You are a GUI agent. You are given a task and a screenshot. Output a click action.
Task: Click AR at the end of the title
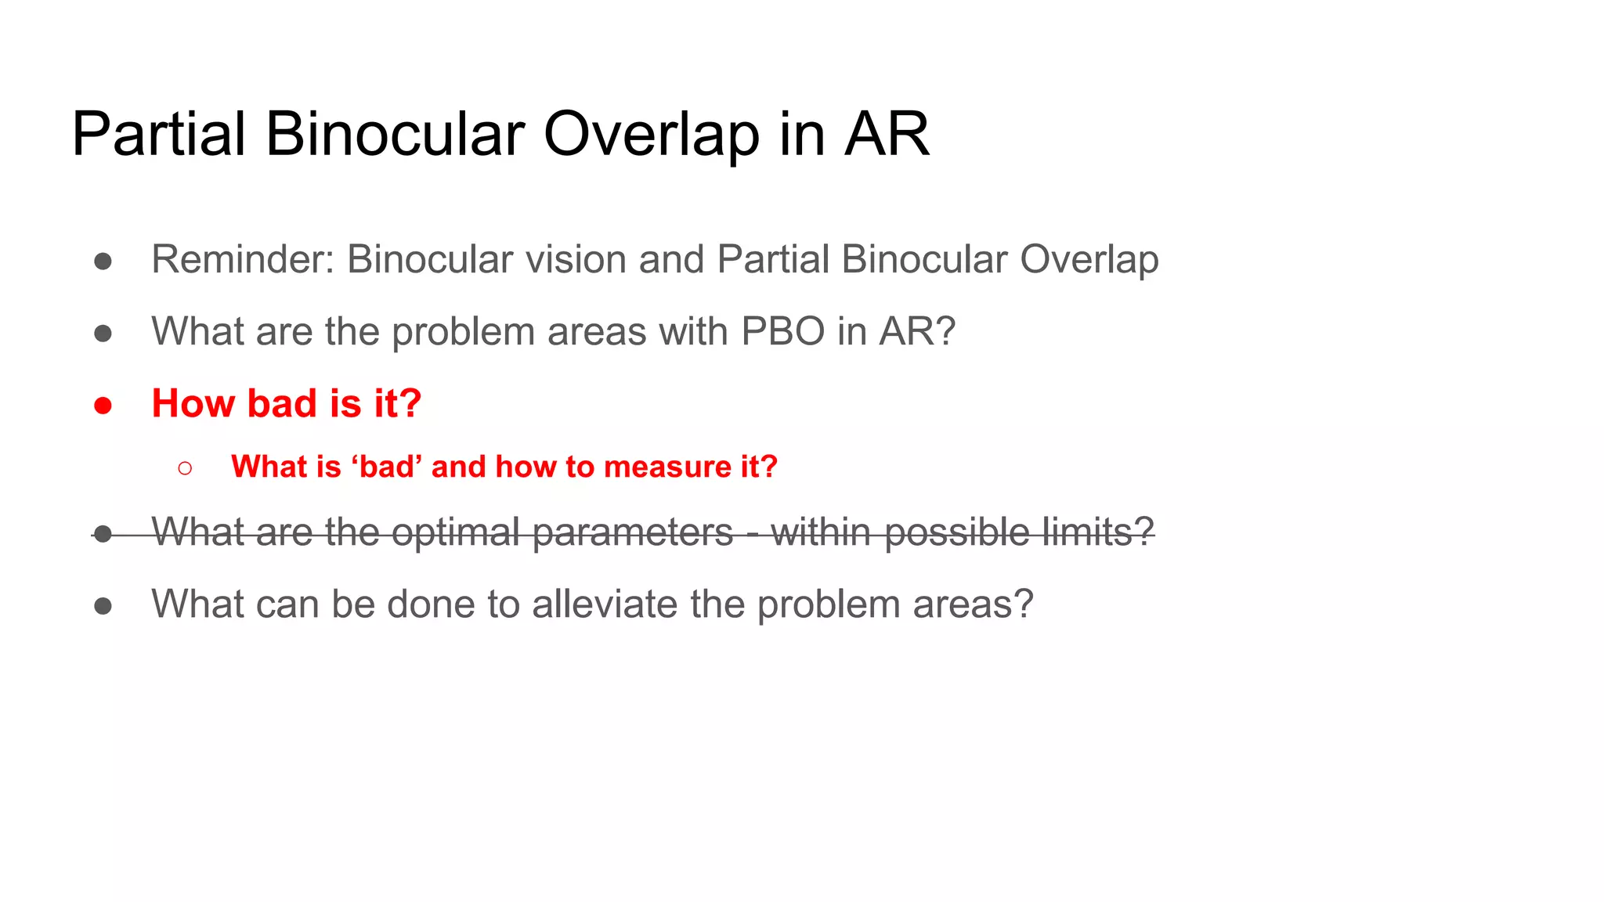pos(887,134)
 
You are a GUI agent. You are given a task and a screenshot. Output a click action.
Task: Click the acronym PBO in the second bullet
pos(782,331)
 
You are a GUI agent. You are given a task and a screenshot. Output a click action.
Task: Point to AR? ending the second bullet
pos(917,331)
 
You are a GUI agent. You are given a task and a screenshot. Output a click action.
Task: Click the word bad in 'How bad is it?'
pos(282,404)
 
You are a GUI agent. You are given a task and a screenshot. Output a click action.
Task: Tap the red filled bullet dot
pos(103,406)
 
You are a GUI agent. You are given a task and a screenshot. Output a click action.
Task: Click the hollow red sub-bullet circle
pos(185,468)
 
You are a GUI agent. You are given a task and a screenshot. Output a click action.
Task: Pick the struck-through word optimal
pos(456,532)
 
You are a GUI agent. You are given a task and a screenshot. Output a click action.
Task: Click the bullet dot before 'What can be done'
pos(103,606)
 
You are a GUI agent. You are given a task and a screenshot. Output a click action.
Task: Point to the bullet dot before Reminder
pos(103,261)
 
